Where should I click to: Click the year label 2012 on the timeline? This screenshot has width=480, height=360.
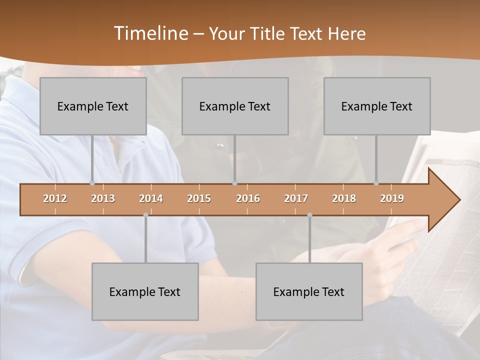click(x=55, y=198)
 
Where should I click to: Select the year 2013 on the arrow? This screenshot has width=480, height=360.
click(x=103, y=198)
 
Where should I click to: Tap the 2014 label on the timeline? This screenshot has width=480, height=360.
click(x=151, y=198)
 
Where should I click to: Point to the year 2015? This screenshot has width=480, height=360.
click(x=199, y=198)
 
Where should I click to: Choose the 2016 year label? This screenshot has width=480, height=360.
click(x=248, y=198)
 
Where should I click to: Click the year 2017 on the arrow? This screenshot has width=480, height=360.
click(x=296, y=198)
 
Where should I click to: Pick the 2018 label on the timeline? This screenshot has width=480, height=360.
click(x=344, y=198)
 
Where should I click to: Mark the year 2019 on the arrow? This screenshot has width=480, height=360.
click(x=392, y=198)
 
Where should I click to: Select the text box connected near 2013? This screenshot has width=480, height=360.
click(x=93, y=106)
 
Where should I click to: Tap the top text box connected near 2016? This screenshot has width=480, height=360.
click(x=235, y=106)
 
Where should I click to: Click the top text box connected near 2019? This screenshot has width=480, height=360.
click(x=377, y=106)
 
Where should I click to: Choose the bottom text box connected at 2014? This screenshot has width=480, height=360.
click(x=145, y=292)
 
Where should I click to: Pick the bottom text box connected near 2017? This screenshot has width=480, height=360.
click(x=309, y=292)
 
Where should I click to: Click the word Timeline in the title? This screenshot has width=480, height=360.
click(x=150, y=33)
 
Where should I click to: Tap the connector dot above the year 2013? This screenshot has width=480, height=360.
click(x=92, y=183)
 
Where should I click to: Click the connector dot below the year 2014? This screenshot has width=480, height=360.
click(x=145, y=215)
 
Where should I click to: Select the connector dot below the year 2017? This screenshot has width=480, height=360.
click(x=309, y=215)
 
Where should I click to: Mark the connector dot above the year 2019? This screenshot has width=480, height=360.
click(x=376, y=183)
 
